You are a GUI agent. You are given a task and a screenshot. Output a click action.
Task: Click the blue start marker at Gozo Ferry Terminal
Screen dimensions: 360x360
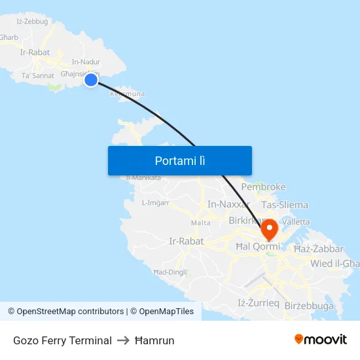(x=91, y=80)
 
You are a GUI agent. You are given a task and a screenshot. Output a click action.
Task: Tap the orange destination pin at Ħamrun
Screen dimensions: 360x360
(x=269, y=229)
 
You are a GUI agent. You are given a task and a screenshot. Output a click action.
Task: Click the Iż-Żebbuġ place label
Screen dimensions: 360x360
(x=32, y=22)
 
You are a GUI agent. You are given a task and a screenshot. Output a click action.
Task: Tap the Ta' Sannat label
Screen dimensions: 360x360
(x=38, y=76)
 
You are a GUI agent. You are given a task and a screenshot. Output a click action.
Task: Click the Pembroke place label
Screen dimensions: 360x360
(x=264, y=187)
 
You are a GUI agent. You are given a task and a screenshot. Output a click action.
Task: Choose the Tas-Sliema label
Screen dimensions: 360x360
(x=285, y=205)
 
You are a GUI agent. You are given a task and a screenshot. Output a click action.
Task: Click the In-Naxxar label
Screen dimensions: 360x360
(x=229, y=205)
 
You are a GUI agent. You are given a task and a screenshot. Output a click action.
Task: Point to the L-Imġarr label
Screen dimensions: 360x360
(x=156, y=203)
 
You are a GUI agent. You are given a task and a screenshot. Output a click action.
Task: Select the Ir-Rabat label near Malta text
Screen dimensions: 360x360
(x=187, y=241)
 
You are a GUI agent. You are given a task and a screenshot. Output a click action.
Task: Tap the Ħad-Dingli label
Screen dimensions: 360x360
(x=170, y=272)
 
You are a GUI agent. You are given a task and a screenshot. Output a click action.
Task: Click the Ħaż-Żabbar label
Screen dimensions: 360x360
(x=319, y=249)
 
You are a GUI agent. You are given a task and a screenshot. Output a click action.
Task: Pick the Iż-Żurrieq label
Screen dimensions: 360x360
(x=259, y=302)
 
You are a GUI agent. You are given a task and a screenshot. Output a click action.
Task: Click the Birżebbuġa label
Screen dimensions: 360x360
(x=309, y=306)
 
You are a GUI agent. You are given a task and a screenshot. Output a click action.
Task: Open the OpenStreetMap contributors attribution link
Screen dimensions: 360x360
(x=70, y=312)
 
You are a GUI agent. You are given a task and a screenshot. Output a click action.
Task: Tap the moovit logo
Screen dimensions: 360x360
(x=321, y=339)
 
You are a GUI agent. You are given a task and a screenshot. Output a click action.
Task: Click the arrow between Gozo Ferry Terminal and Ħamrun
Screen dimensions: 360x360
(x=123, y=340)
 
